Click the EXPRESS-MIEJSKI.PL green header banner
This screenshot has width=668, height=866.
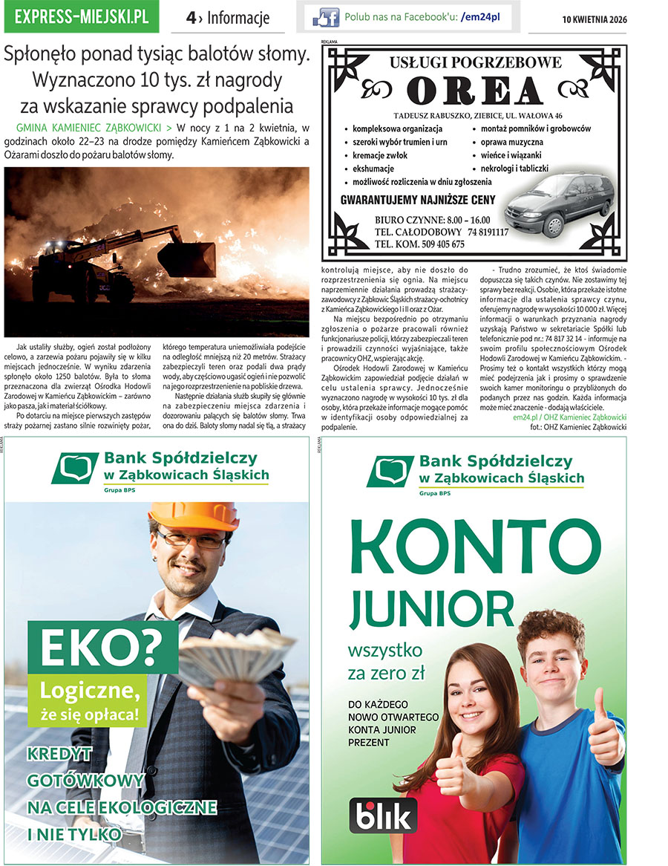[81, 17]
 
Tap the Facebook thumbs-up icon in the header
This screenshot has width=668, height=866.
[326, 17]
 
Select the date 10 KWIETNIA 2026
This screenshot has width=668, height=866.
[594, 19]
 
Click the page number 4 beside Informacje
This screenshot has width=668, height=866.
[191, 18]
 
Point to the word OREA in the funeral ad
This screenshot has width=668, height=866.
[475, 91]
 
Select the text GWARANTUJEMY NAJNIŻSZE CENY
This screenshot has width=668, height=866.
[417, 199]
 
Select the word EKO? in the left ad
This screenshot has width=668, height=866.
[101, 648]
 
